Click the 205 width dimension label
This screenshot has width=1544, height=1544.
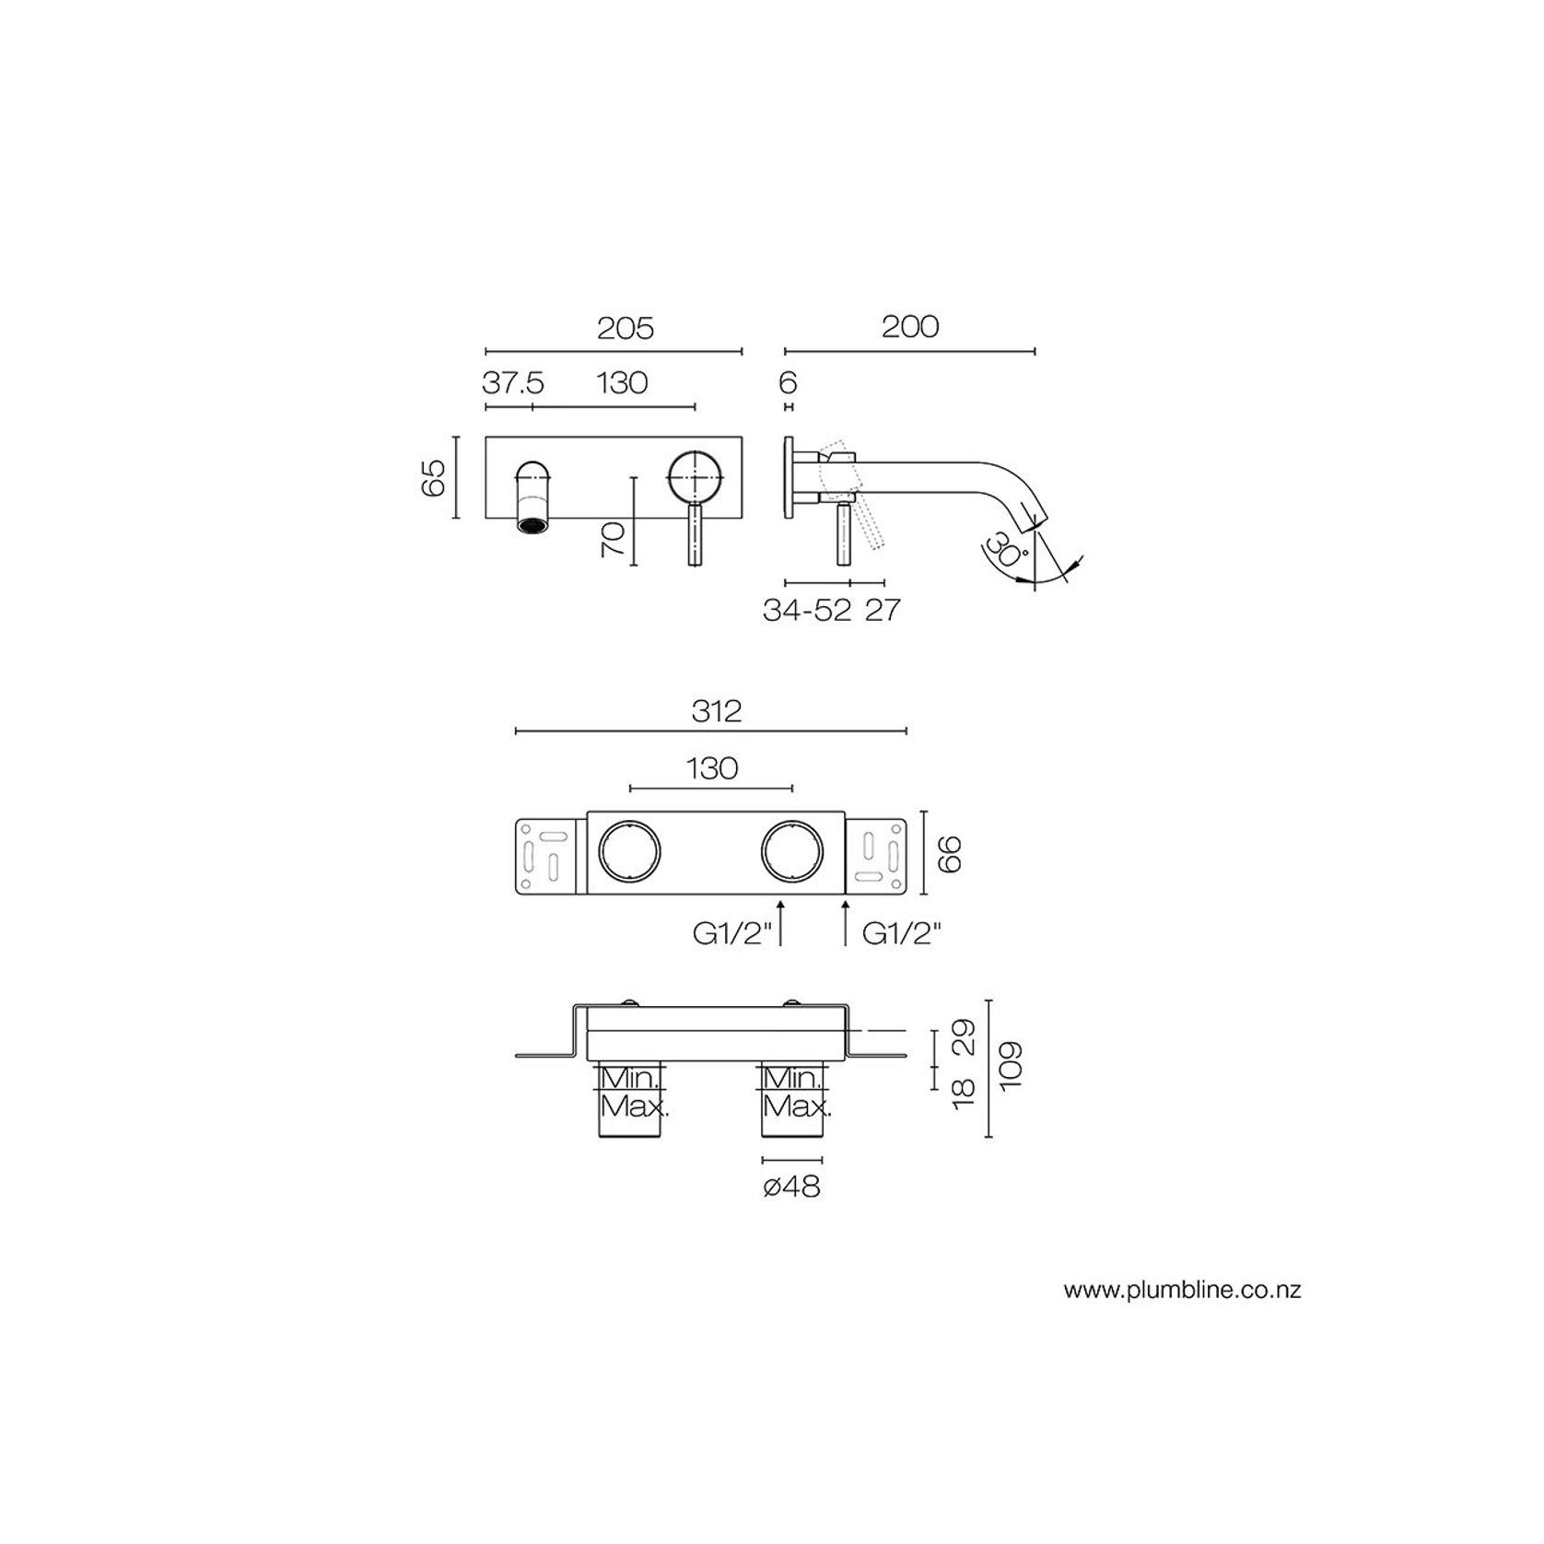(625, 328)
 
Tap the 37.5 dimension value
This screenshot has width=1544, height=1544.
(513, 382)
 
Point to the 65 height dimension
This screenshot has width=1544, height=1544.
(434, 477)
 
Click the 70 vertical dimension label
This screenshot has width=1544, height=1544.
(614, 538)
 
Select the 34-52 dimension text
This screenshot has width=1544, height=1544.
(807, 610)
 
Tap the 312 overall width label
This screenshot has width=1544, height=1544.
(716, 711)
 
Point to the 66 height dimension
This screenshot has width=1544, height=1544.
(949, 853)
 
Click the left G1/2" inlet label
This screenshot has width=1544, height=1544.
(732, 934)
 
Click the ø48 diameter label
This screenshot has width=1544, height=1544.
(791, 1187)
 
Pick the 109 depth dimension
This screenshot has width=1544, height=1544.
(1010, 1066)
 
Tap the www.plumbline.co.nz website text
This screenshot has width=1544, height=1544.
(1182, 1290)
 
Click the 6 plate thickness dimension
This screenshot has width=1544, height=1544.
(788, 382)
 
